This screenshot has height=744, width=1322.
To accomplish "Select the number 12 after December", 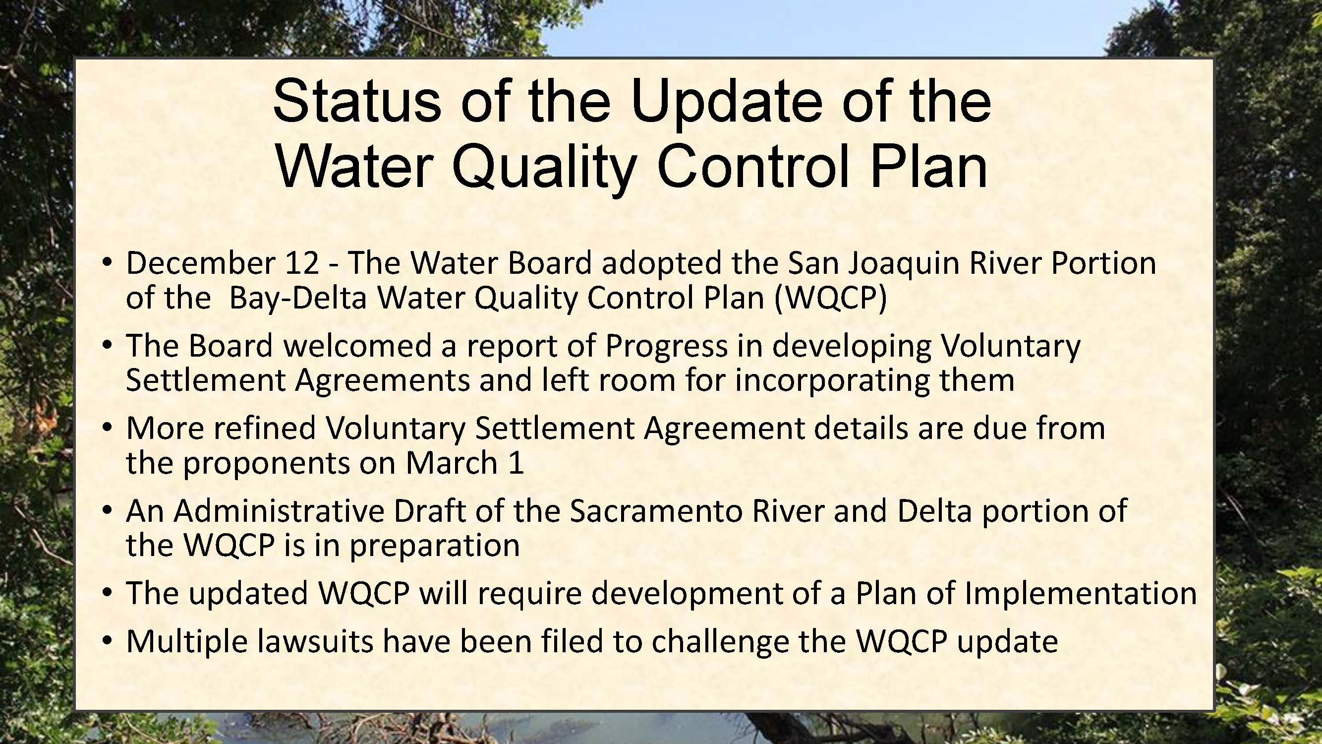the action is (x=302, y=263).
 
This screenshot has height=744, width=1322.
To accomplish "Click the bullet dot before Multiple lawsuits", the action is (x=107, y=642).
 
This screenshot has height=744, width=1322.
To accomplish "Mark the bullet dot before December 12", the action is (x=107, y=263).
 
